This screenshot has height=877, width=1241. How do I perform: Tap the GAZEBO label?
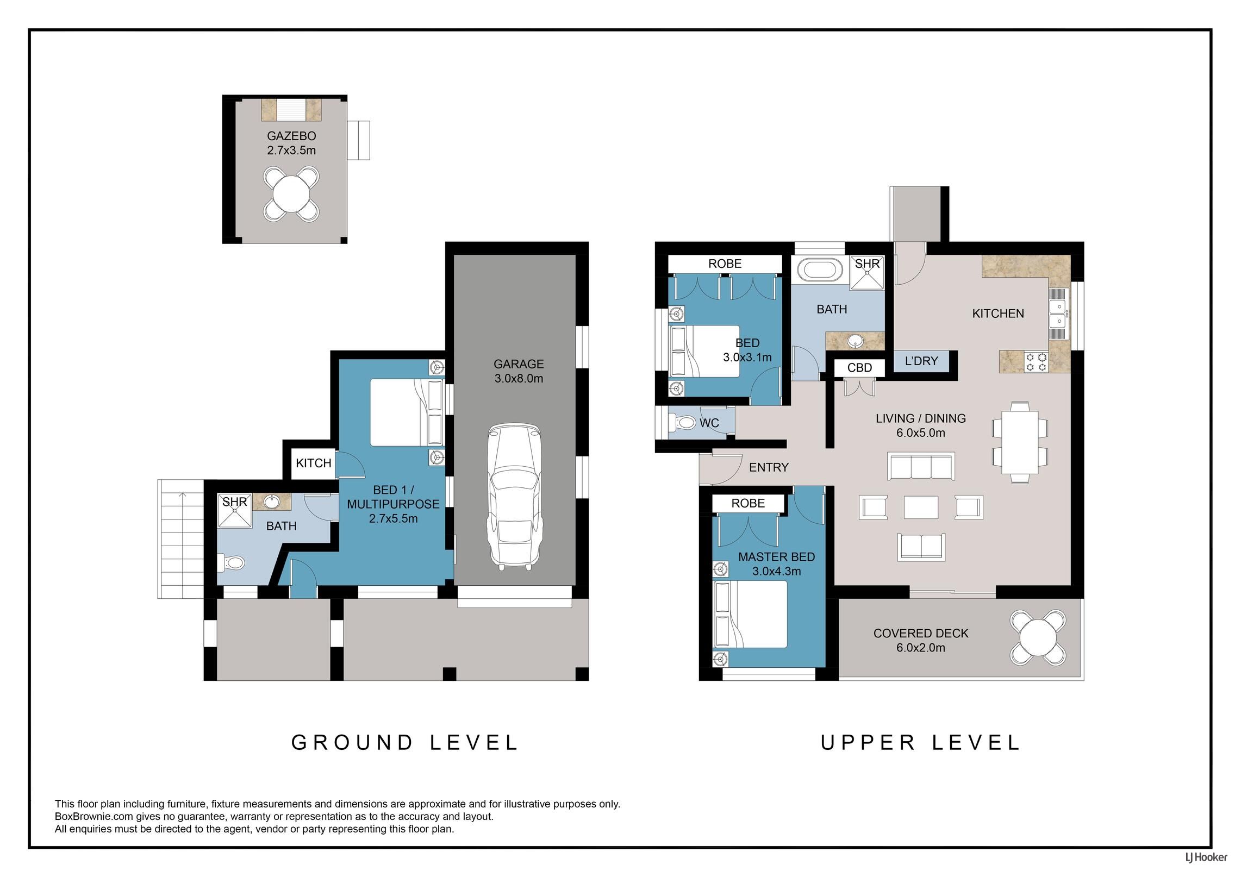tap(291, 136)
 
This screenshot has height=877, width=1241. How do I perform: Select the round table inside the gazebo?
tap(291, 194)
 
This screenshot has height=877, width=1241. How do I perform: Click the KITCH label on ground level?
tap(314, 463)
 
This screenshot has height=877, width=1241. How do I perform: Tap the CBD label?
tap(859, 368)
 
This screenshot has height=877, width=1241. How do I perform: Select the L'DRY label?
tap(921, 361)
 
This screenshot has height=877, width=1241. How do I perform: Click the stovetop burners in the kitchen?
tap(1036, 362)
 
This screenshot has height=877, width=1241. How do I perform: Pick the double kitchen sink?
tap(1058, 314)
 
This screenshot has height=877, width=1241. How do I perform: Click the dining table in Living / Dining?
tap(1020, 442)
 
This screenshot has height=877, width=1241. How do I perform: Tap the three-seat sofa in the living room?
tap(921, 466)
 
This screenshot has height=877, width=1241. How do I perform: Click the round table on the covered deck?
tap(1038, 638)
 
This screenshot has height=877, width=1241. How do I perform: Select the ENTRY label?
tap(769, 467)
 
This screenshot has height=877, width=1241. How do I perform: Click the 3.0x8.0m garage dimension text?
tap(519, 379)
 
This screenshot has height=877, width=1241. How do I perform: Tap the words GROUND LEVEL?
tap(405, 743)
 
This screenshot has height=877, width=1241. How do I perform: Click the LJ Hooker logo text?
tap(1206, 857)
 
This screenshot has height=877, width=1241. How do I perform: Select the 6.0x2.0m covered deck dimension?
tap(921, 648)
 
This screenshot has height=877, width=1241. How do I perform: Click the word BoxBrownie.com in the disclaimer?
tap(90, 817)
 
